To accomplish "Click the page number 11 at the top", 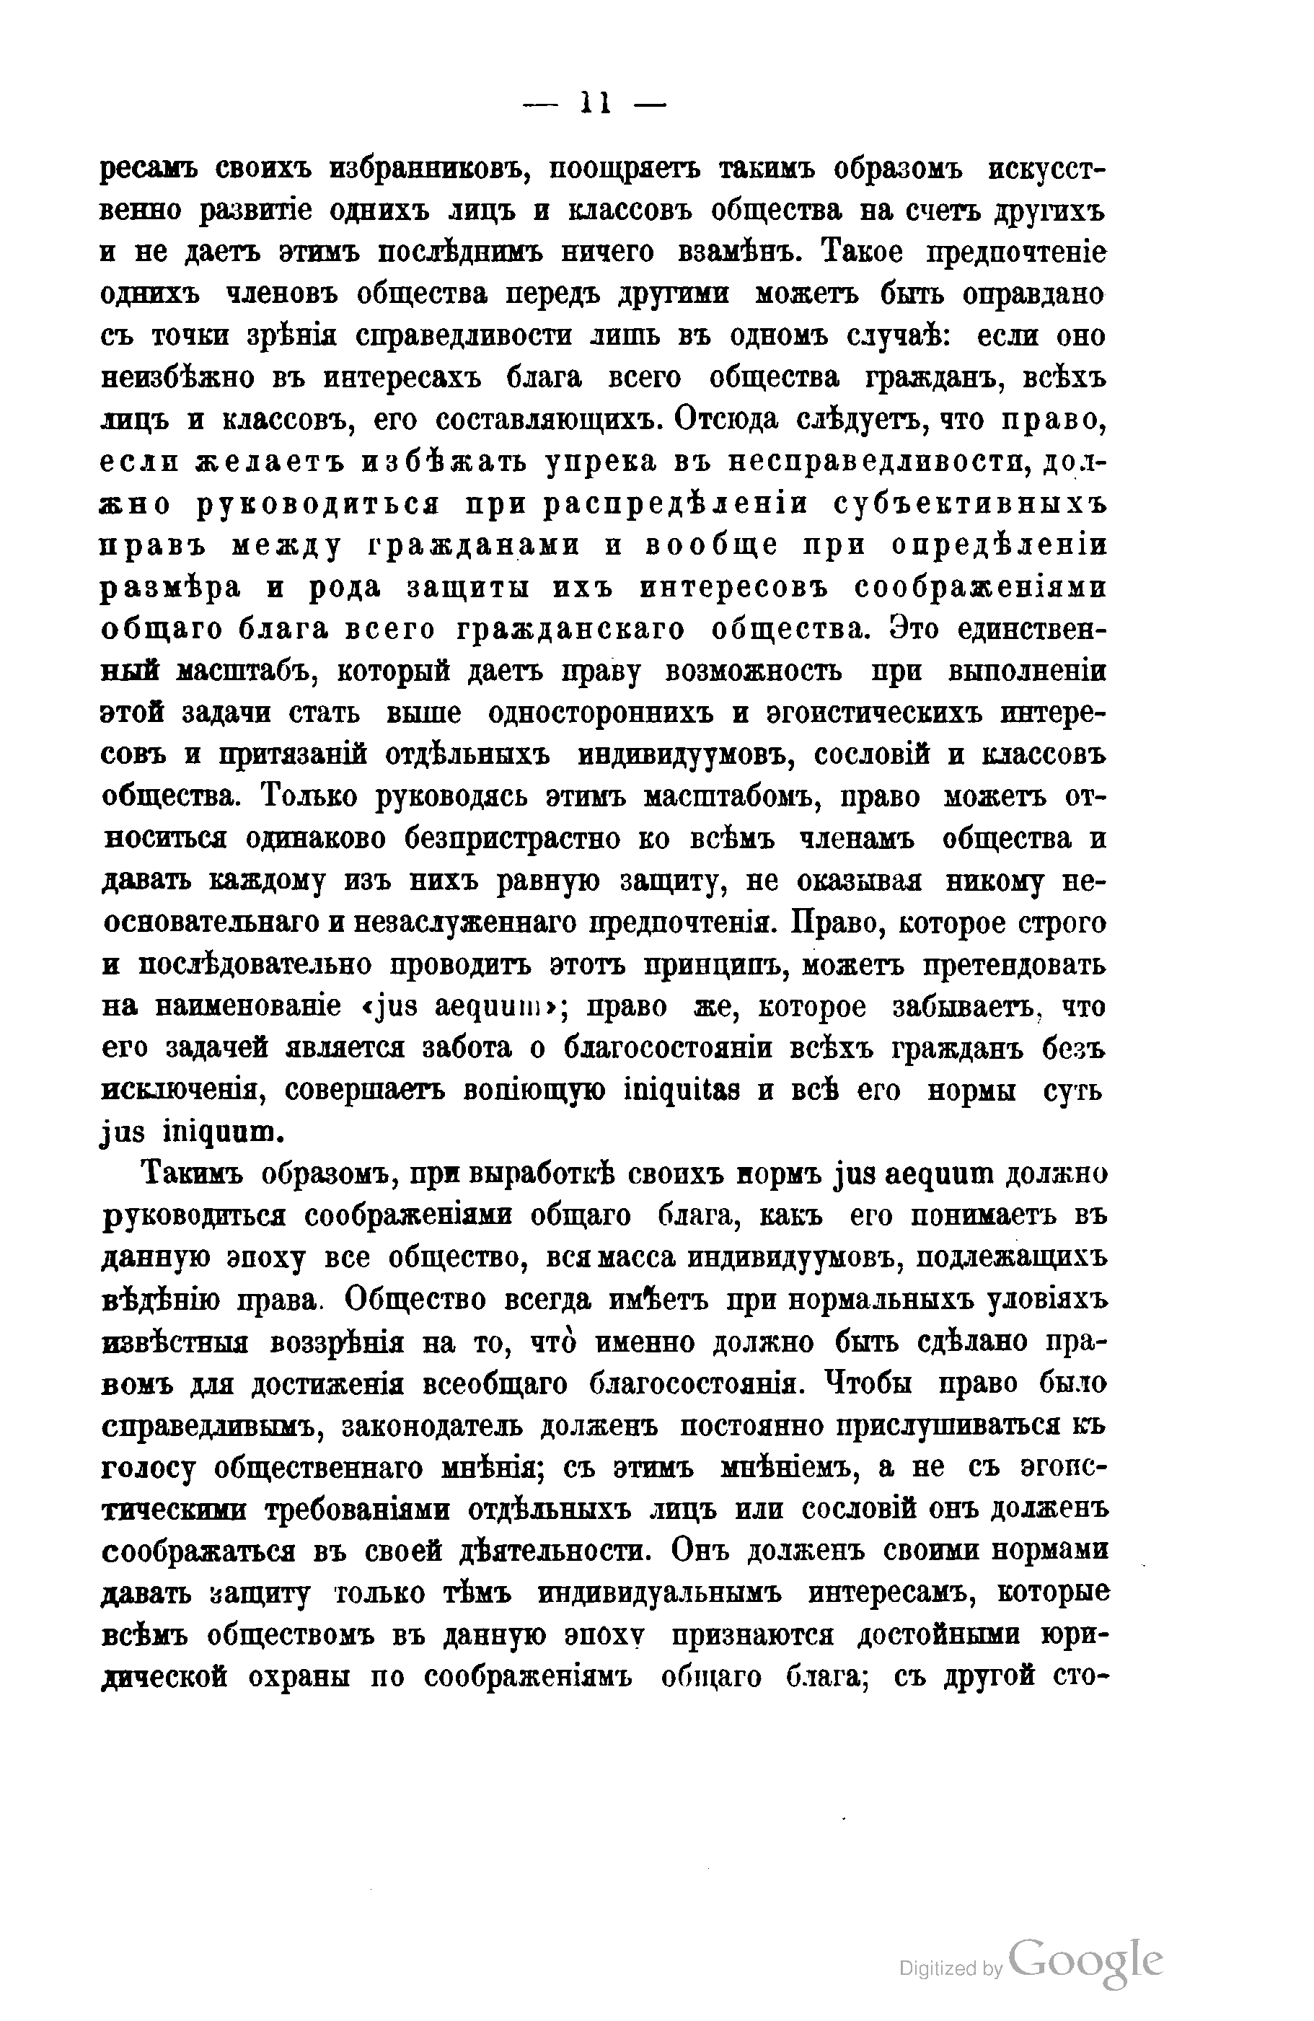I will (595, 105).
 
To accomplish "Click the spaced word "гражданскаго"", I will (570, 629).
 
